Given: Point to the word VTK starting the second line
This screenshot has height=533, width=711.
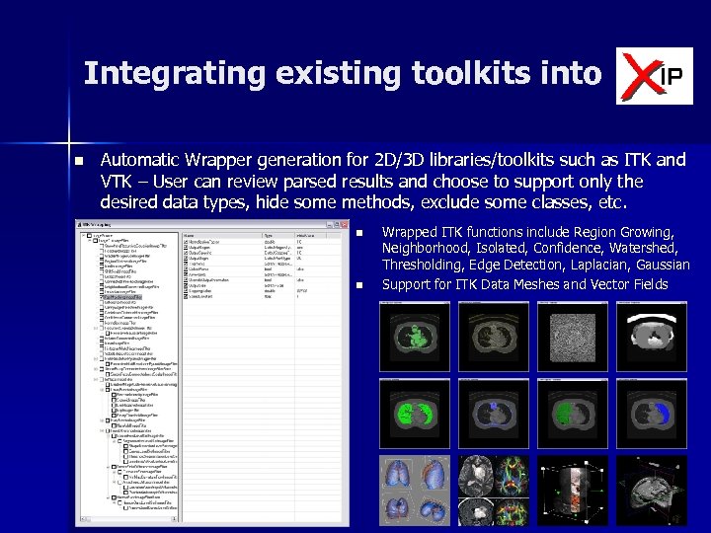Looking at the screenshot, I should point(117,182).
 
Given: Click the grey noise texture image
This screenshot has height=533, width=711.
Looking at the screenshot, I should point(573,336).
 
